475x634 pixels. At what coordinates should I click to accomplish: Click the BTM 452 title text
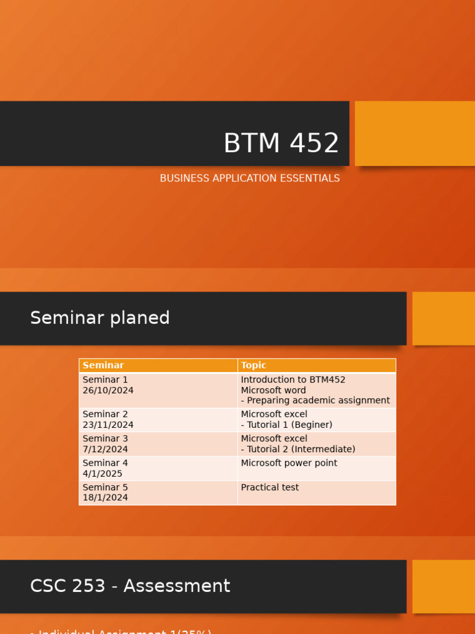point(281,144)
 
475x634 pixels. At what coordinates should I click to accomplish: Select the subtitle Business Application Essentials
point(249,178)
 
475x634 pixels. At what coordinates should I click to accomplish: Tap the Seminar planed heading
point(100,318)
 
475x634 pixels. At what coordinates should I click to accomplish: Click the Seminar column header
point(103,366)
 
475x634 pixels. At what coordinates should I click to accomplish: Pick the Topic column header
point(254,366)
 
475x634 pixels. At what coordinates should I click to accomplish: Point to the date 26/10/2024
point(108,391)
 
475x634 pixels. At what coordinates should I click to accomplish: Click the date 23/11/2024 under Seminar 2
point(108,425)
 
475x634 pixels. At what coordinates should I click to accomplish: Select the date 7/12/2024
point(105,449)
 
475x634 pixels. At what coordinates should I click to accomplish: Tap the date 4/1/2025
point(103,474)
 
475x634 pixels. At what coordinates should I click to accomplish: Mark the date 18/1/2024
point(105,498)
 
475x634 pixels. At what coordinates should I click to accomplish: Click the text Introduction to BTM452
point(293,380)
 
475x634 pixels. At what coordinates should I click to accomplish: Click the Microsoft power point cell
point(289,463)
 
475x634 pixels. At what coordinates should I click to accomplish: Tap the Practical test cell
point(270,488)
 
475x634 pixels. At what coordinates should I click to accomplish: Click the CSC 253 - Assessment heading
point(130,586)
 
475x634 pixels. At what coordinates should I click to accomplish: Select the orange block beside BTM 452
point(415,133)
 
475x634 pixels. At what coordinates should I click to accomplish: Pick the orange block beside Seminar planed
point(443,318)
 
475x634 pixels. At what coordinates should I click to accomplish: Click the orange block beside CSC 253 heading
point(443,586)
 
